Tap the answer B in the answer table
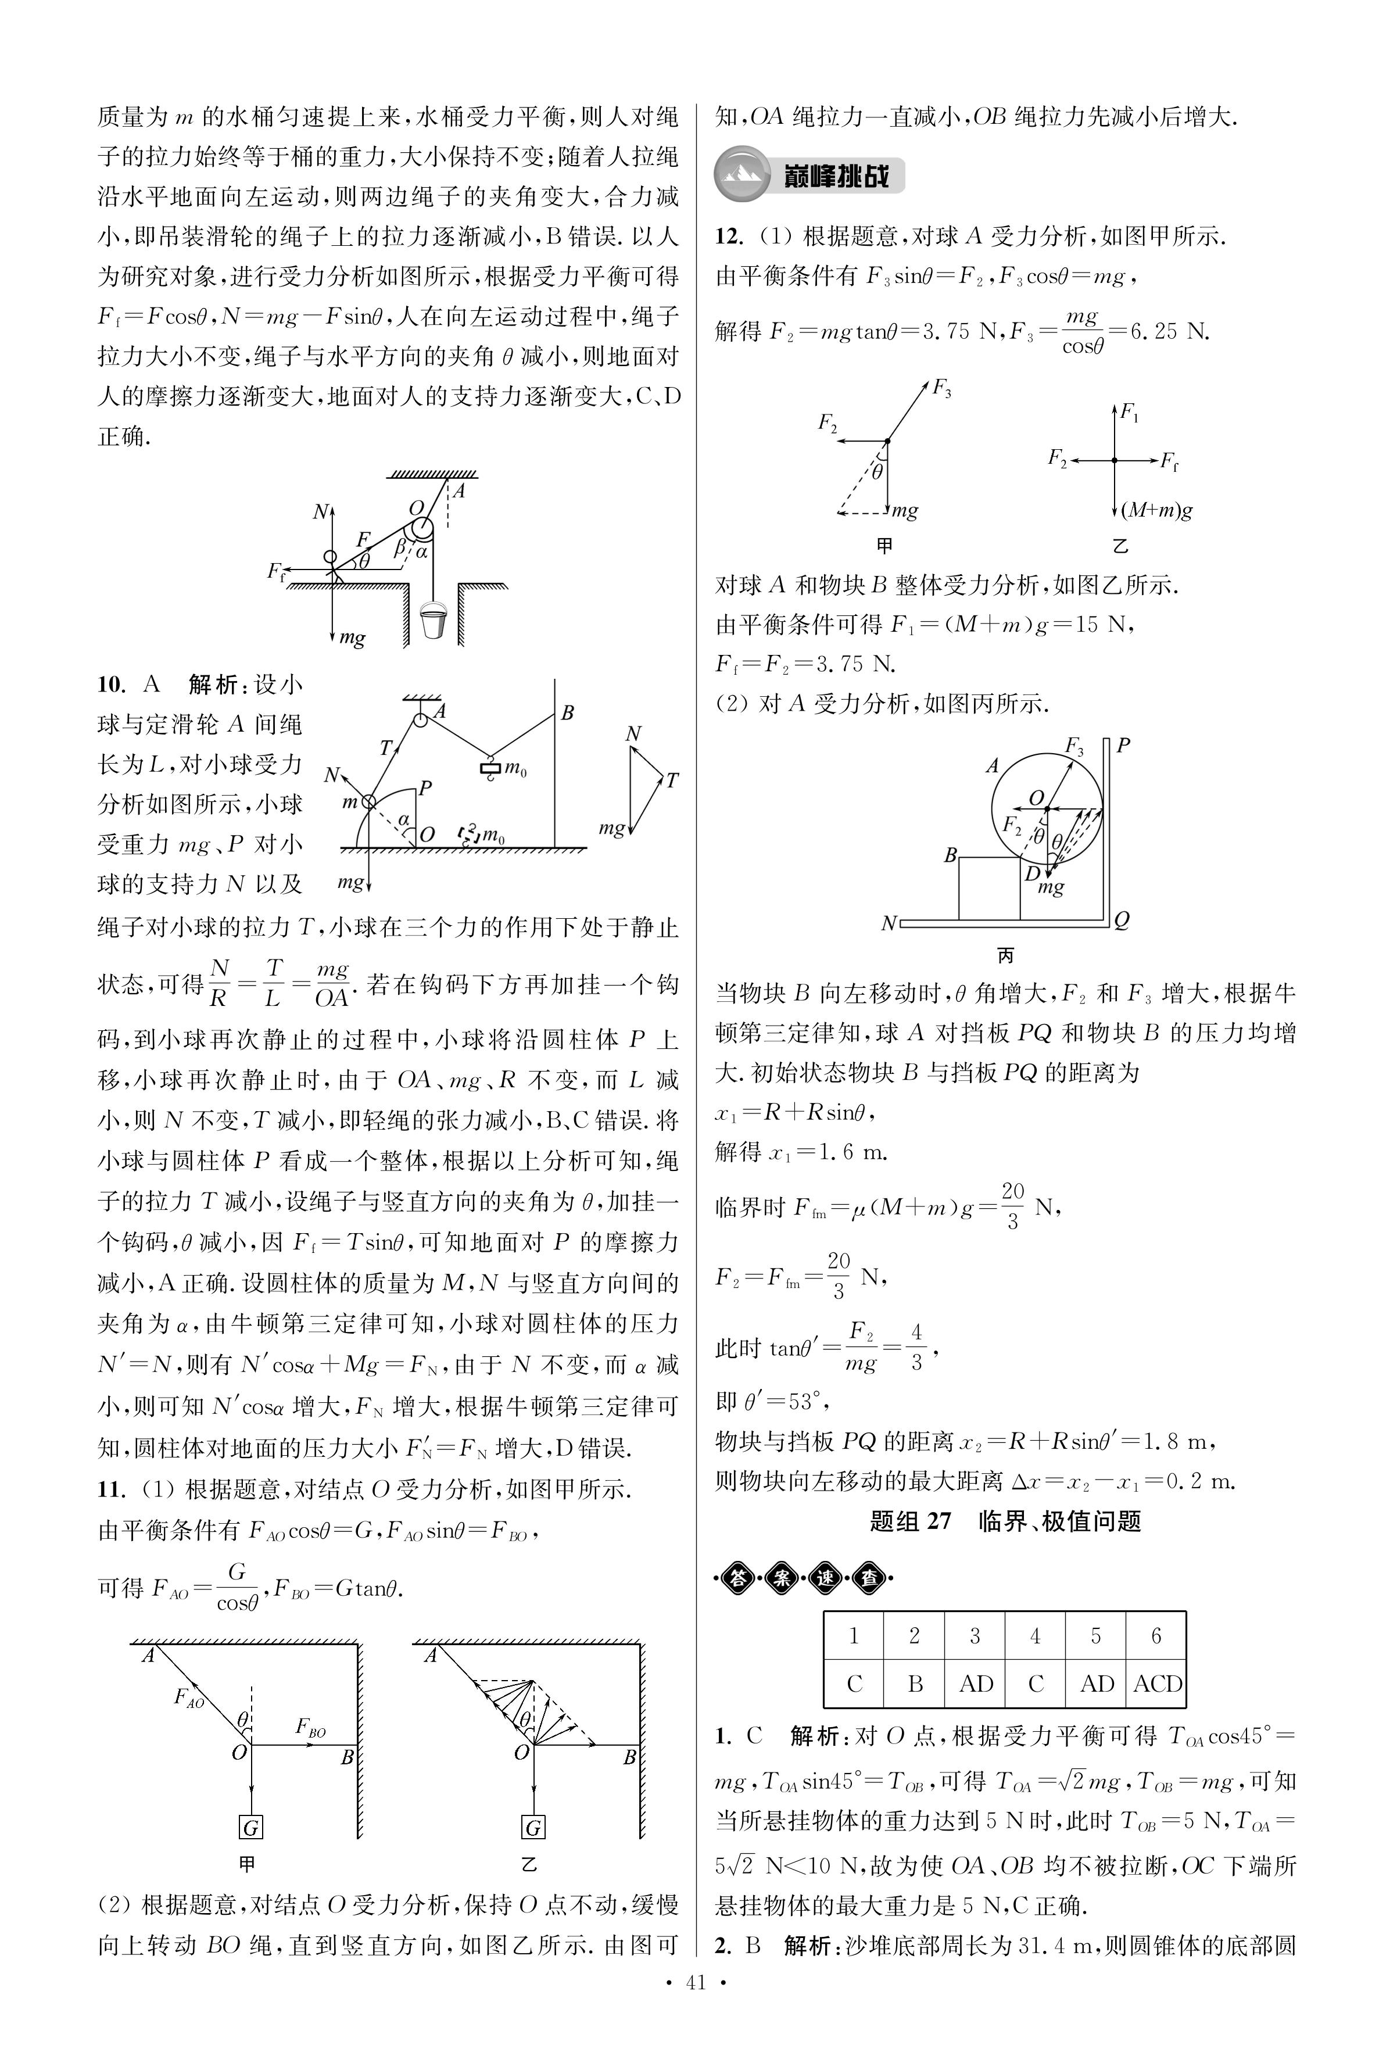[x=915, y=1684]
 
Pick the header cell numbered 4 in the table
[x=1035, y=1636]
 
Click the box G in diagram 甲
[x=252, y=1828]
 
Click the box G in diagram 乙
[x=533, y=1828]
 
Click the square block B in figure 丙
[x=988, y=889]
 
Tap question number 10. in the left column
[x=111, y=685]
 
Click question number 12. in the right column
[x=729, y=237]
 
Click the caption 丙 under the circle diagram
[x=1005, y=955]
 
